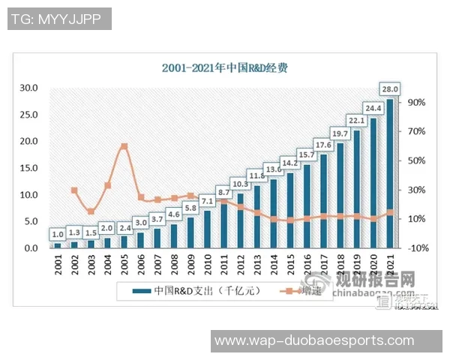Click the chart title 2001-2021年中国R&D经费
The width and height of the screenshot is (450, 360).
coord(225,67)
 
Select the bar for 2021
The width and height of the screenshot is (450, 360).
coord(390,172)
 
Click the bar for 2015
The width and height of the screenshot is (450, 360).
coord(289,210)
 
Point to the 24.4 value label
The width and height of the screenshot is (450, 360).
coord(373,106)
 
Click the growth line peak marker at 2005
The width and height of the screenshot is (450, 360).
coord(124,147)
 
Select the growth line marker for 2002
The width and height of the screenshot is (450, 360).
coord(74,190)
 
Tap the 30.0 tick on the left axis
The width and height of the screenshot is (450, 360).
coord(29,88)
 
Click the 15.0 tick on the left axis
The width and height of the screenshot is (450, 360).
coord(29,168)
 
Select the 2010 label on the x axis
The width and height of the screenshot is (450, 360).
coord(207,265)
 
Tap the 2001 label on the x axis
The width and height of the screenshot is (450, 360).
coord(58,265)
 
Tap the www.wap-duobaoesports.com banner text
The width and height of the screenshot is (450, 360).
coord(314,341)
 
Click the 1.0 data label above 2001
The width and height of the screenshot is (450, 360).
coord(58,233)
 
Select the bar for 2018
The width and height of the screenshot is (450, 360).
coord(340,195)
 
